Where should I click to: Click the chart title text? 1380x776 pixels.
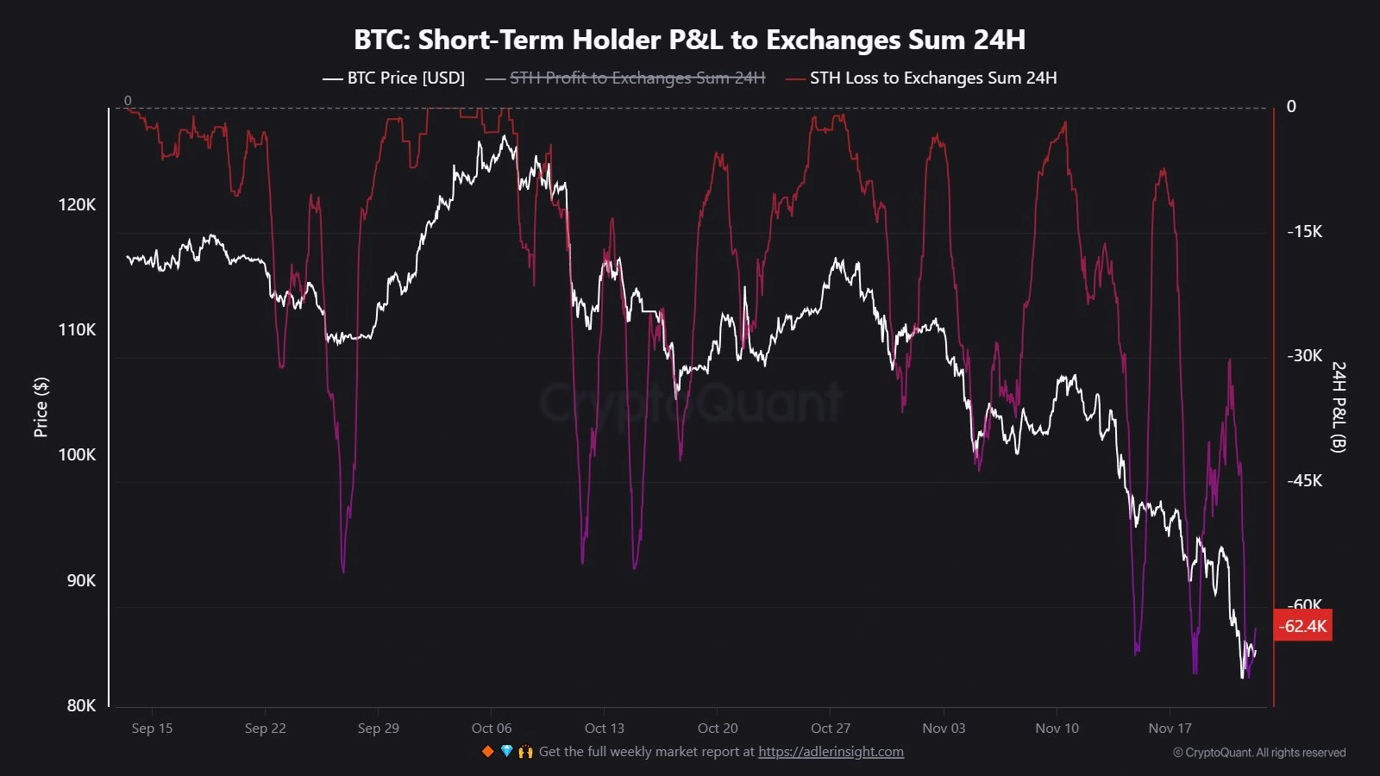point(689,40)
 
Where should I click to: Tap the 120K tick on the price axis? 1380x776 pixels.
point(77,204)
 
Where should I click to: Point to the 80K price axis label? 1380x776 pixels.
point(81,705)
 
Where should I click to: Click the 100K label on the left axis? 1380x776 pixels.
point(77,454)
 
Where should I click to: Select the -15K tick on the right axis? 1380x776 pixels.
point(1304,231)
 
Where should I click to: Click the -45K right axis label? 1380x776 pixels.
point(1304,480)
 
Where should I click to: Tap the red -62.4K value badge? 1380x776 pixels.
point(1302,626)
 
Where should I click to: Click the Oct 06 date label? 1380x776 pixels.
point(492,728)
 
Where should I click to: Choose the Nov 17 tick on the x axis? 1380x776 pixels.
point(1170,728)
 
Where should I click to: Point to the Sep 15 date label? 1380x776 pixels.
point(152,728)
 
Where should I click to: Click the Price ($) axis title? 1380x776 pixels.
point(41,407)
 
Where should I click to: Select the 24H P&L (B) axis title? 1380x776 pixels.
point(1338,407)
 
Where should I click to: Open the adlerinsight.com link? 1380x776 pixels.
point(831,752)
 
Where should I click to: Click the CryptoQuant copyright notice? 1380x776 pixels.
point(1258,753)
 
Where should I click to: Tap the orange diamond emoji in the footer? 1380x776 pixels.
point(487,752)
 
